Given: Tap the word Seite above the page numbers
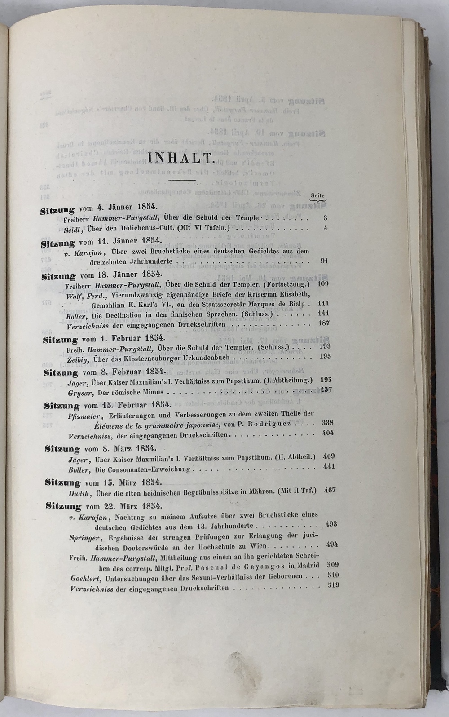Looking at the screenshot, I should pos(317,196).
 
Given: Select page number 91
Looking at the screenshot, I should pos(325,261).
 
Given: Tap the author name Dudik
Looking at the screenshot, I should pos(80,492).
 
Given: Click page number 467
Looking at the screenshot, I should pos(330,490).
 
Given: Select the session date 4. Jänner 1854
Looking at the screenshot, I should pos(127,208).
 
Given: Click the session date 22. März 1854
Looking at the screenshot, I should pos(133,505).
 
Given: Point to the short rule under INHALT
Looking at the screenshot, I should pos(181,180).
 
